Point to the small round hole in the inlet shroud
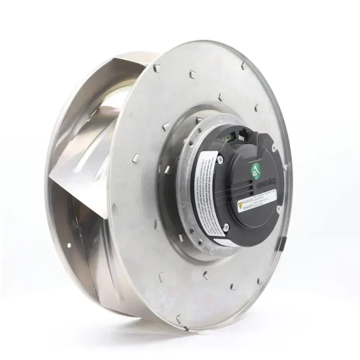click(x=68, y=246)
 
